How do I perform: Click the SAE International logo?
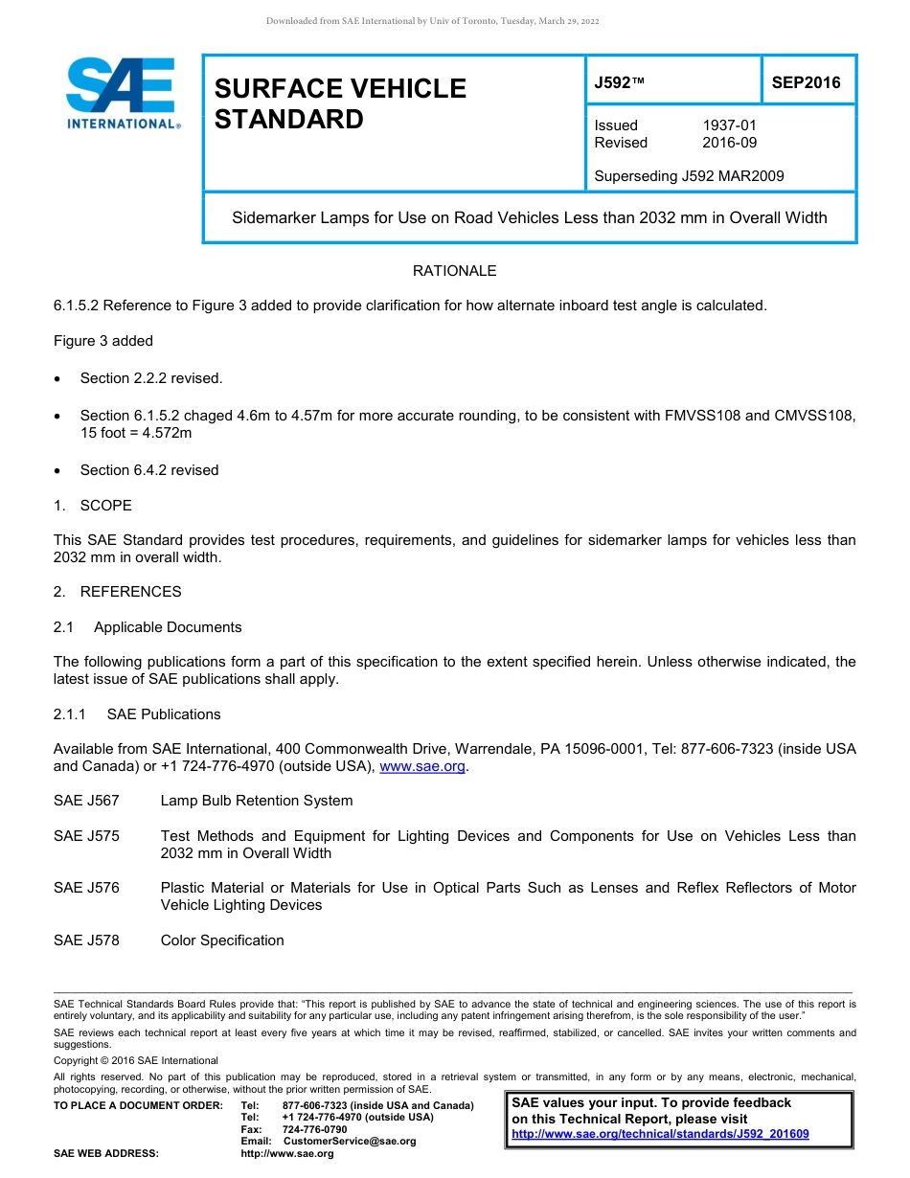[122, 94]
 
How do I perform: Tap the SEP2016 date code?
[806, 82]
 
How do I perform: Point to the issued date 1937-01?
[729, 125]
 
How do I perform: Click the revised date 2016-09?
[729, 143]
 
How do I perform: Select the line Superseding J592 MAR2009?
[689, 176]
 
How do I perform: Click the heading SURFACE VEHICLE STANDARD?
[340, 103]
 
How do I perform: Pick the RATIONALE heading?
[454, 271]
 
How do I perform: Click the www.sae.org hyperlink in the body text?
[422, 766]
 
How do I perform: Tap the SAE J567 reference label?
[86, 801]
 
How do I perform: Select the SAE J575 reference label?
[86, 836]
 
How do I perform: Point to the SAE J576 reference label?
[86, 888]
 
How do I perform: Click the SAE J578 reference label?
[86, 940]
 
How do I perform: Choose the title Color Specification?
[222, 940]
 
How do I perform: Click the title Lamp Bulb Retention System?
[257, 801]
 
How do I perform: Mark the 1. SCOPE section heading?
[93, 506]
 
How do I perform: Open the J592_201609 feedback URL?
[660, 1134]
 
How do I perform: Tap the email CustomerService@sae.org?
[349, 1141]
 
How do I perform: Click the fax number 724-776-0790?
[314, 1129]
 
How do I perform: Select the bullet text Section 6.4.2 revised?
[149, 470]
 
